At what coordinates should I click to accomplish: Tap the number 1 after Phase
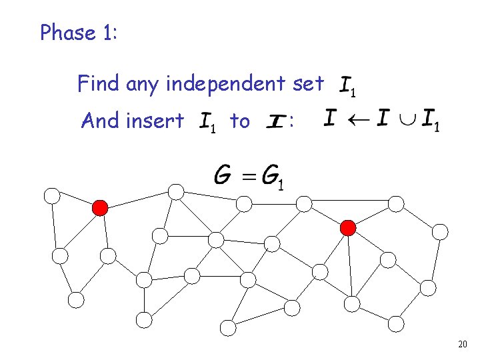click(109, 33)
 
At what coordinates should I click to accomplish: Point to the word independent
click(228, 84)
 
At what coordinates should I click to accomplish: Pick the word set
click(308, 84)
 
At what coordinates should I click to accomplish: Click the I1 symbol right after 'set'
click(350, 85)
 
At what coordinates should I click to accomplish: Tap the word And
click(98, 121)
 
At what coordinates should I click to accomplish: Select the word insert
click(158, 121)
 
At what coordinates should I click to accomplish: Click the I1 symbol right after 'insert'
click(208, 123)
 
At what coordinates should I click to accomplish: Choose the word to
click(239, 121)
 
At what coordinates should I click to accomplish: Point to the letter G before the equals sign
click(224, 176)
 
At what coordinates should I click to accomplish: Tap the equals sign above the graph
click(249, 177)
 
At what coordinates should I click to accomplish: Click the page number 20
click(463, 345)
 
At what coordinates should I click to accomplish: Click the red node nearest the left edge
click(100, 208)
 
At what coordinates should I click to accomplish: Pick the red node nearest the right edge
click(348, 228)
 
